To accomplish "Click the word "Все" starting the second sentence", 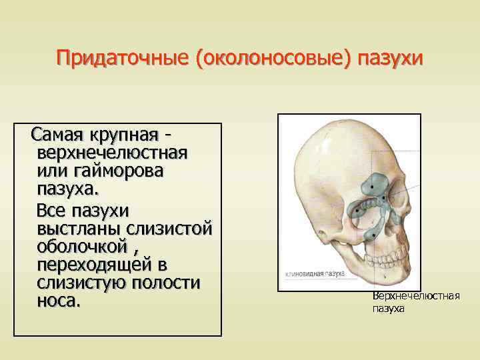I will click(x=53, y=211).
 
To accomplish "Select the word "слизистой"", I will click(x=171, y=229).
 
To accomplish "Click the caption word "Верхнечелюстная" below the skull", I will click(x=416, y=295).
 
